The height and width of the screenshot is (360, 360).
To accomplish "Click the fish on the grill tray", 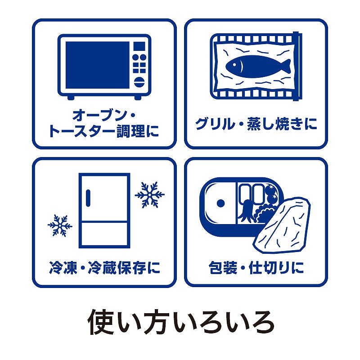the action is [257, 66].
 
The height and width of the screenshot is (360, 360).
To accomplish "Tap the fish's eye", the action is [234, 64].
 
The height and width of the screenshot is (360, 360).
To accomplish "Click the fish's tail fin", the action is [286, 66].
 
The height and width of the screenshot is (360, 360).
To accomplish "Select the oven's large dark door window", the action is [98, 65].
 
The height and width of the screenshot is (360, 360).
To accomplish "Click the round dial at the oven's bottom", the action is [139, 82].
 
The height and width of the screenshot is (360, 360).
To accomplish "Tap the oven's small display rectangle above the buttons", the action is [139, 46].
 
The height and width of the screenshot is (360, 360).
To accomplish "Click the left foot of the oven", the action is [71, 98].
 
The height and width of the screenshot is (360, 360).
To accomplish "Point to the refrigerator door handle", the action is [88, 198].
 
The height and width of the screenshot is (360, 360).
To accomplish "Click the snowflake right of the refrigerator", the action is [149, 195].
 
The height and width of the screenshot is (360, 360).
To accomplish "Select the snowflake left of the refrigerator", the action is [60, 225].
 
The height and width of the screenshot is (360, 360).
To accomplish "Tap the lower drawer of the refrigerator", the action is [104, 234].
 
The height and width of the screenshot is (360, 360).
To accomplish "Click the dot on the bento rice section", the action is [220, 203].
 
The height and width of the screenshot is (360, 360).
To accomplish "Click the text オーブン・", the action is [104, 116].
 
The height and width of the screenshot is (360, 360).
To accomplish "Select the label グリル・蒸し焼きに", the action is [256, 124].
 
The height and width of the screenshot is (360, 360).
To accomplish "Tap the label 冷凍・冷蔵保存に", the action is [104, 268].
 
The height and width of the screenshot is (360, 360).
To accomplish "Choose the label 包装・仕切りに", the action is [256, 268].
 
